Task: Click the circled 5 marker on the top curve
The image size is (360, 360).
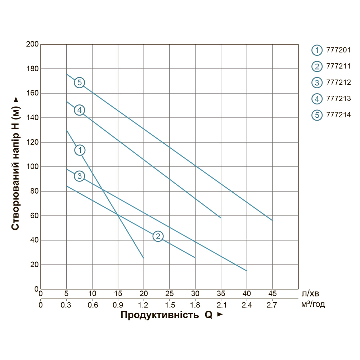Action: point(80,82)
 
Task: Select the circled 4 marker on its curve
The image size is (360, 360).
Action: point(80,110)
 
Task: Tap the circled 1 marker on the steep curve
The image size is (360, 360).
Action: point(80,150)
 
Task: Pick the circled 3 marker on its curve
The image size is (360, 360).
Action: point(80,176)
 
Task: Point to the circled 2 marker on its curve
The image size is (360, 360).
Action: point(158,236)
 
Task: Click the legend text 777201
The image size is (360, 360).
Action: point(338,50)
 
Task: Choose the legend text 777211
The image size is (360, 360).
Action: point(338,66)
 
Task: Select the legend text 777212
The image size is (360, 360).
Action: point(338,82)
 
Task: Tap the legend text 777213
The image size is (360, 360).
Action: point(338,99)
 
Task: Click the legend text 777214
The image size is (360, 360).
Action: point(338,115)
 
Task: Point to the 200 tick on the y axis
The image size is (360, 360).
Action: point(32,44)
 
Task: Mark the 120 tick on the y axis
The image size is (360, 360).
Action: point(32,142)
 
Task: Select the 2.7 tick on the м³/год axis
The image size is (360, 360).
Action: point(272,305)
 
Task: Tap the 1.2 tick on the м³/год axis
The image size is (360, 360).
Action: point(144,305)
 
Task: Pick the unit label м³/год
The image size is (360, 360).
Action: point(313,305)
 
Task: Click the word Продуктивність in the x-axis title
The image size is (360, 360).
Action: point(159,315)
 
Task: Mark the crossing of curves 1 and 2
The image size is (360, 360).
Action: point(118,215)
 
